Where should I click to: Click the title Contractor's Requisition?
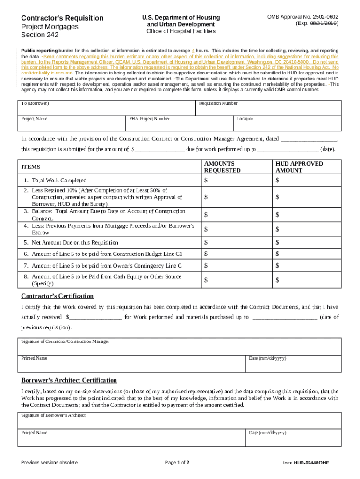coord(62,18)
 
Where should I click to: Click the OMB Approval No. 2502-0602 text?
coord(302,17)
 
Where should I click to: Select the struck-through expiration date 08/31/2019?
coord(322,23)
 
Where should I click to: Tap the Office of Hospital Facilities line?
coord(181,31)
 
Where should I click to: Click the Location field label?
coord(245,119)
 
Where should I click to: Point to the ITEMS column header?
coord(31,167)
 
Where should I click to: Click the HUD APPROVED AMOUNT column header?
coord(299,167)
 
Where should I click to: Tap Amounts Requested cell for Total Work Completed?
coord(236,181)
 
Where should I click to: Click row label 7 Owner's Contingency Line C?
coord(107,266)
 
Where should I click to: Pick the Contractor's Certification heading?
coord(58,296)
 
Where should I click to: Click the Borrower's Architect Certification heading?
coord(69,380)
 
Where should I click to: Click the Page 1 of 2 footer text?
coord(177,463)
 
